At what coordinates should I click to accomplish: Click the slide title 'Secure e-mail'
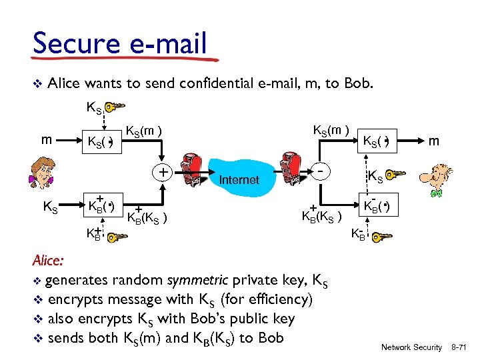[x=120, y=44]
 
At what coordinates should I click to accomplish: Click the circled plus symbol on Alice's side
[x=163, y=172]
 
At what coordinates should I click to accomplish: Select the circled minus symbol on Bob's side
[x=321, y=171]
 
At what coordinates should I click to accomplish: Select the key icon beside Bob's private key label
[x=382, y=237]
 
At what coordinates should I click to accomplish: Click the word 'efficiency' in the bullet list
[x=274, y=299]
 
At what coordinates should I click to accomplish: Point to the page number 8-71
[x=461, y=347]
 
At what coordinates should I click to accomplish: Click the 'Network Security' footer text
[x=411, y=347]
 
